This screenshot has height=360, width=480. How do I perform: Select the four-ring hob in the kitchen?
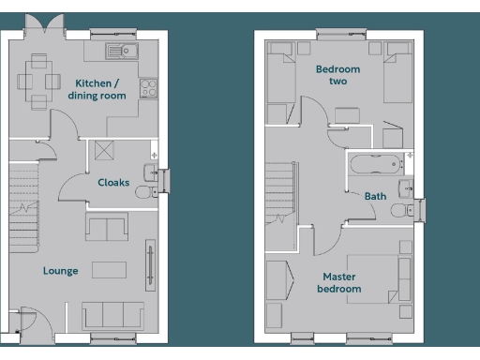coord(148,87)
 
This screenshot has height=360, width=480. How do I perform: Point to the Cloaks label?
coord(113,182)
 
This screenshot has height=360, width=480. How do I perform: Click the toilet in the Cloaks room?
coord(145,192)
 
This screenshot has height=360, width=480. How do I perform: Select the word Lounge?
coord(60,271)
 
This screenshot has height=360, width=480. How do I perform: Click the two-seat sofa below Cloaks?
coord(107,227)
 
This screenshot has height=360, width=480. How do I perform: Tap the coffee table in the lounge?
coord(109,270)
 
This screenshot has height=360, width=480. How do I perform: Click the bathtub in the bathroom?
coord(376,165)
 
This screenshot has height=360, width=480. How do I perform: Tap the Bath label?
coord(375,196)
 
